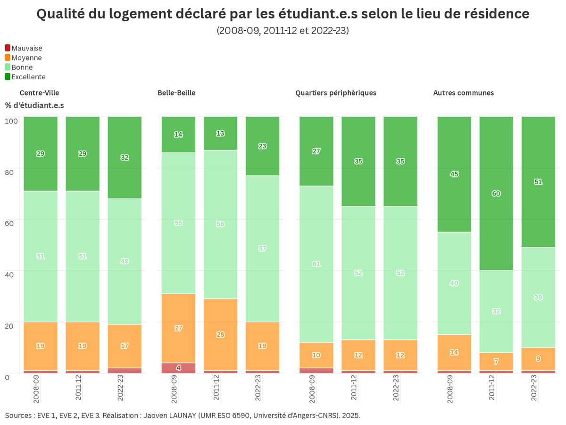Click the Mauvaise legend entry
point(26,48)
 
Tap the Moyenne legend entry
point(26,58)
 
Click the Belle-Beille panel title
point(176,93)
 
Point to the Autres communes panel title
point(463,93)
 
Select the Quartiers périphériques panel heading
point(336,93)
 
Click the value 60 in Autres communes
point(496,194)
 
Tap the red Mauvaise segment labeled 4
point(178,368)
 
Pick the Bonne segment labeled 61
point(316,264)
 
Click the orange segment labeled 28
point(220,334)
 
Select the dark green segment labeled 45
point(454,174)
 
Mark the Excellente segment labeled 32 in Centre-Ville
point(125,158)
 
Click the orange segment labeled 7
point(496,361)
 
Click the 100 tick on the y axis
point(11,120)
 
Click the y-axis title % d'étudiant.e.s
point(34,105)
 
